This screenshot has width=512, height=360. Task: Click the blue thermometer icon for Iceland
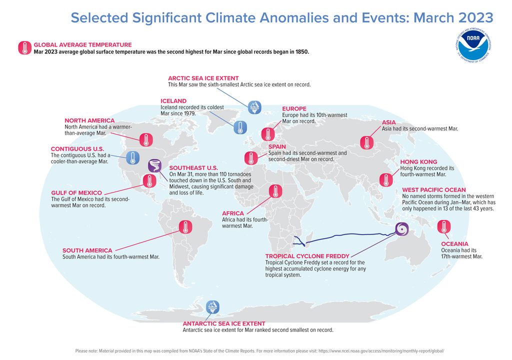240,126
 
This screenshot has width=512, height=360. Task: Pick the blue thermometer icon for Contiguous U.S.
132,158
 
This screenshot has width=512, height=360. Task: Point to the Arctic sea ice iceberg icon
254,106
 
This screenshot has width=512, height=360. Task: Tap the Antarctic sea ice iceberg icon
213,306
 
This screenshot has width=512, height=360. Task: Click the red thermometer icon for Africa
275,191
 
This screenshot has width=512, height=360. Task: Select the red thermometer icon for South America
185,227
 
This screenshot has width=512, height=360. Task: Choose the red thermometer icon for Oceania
442,226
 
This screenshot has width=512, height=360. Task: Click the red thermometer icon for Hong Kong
385,180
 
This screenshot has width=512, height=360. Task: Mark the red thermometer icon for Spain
250,158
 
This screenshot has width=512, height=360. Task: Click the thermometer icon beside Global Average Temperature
24,48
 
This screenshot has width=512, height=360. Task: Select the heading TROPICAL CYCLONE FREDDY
307,256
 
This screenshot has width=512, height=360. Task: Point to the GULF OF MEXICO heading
76,192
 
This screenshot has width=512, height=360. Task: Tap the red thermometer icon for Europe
268,134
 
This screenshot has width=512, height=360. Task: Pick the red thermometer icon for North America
145,139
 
